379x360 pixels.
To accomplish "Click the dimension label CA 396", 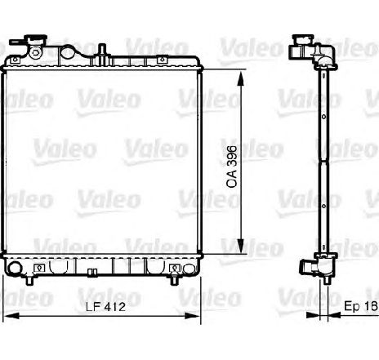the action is (x=232, y=167).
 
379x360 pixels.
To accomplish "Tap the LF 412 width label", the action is (x=105, y=307).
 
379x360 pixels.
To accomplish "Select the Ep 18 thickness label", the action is (x=361, y=306).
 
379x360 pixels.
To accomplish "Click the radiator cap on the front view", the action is (x=36, y=38).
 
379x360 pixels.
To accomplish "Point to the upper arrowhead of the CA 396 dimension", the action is (x=240, y=78).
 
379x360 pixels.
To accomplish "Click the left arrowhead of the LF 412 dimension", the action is (x=12, y=316).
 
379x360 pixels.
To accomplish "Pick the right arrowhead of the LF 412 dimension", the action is (x=192, y=316).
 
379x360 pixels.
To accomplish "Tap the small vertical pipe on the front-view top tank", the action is (x=102, y=51).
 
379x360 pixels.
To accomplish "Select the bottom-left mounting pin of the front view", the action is (x=29, y=280).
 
